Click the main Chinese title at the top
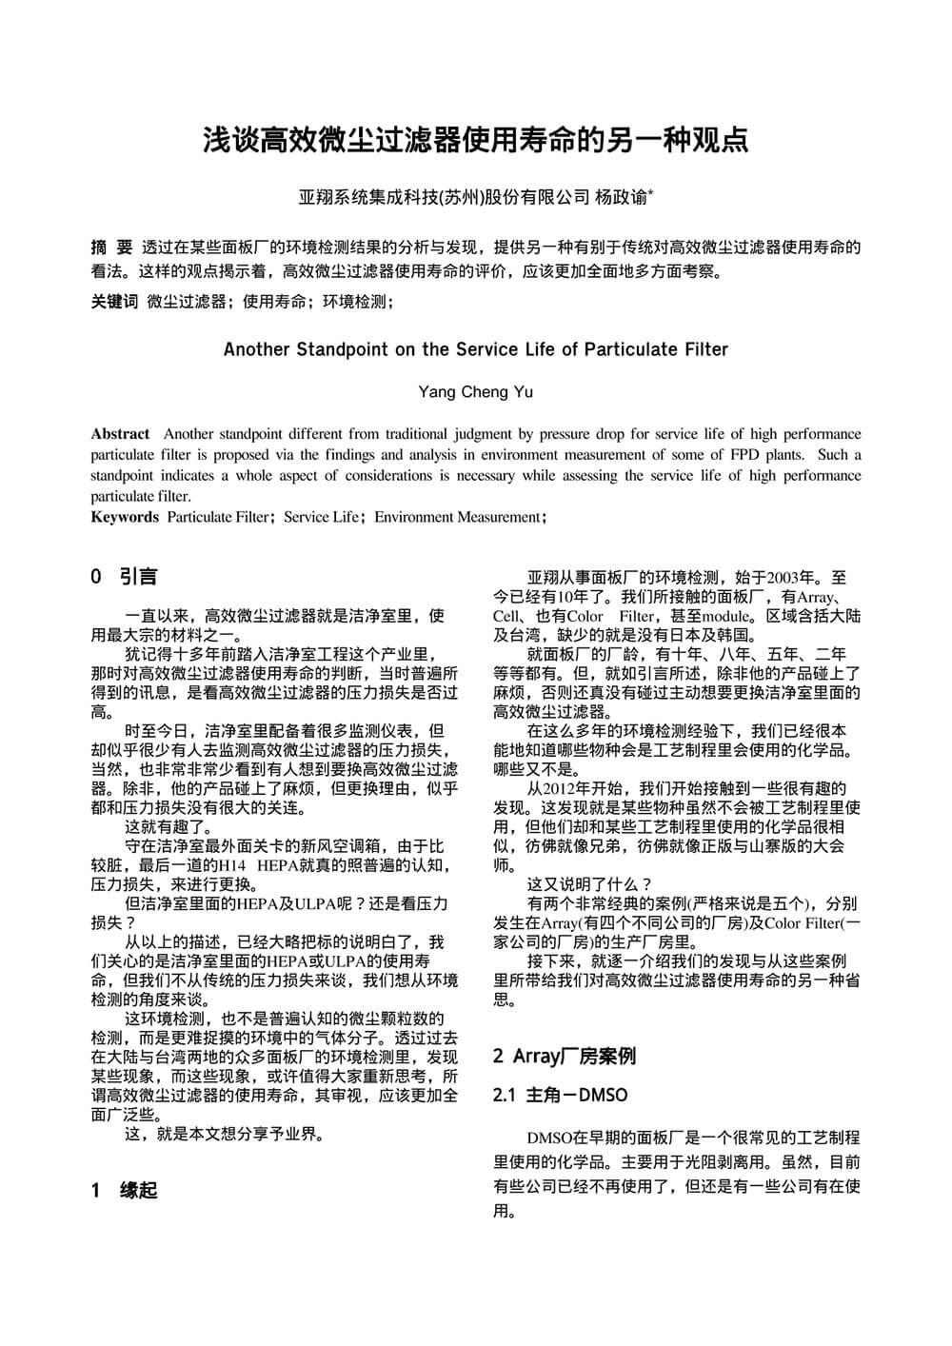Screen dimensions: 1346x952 coord(475,140)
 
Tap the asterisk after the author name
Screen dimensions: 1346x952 coord(651,193)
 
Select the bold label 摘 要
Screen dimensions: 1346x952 coord(111,247)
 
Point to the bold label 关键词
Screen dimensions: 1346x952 coord(114,302)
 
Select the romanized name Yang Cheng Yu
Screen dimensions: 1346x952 coord(475,391)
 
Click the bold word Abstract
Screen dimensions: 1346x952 coord(120,434)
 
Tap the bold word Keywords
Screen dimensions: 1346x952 coord(125,517)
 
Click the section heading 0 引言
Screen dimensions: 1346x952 coord(124,576)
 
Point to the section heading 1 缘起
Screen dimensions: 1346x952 coord(124,1190)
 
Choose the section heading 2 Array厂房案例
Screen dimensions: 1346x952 coord(564,1056)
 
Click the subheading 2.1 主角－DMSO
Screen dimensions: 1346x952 coord(561,1095)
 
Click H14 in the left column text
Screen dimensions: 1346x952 coord(233,865)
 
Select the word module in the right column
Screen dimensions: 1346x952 coord(727,616)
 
